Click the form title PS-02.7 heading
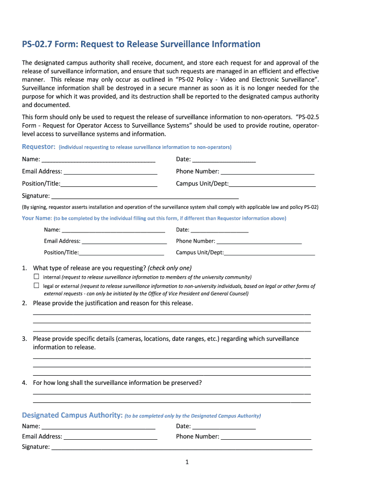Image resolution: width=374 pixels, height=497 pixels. tap(141, 45)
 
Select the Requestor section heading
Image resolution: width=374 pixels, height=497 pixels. tap(38, 147)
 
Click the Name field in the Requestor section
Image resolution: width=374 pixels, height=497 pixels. tap(98, 159)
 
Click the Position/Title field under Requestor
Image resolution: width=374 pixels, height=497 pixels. tap(109, 183)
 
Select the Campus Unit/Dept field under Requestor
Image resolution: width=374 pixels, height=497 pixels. tap(272, 183)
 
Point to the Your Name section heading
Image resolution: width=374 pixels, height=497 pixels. tap(37, 218)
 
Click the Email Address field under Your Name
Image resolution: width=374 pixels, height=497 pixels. tap(124, 241)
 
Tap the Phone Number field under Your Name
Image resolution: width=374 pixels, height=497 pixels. tap(259, 241)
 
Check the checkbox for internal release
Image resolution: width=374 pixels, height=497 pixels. tap(36, 276)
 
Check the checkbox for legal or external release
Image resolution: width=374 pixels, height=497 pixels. tap(36, 285)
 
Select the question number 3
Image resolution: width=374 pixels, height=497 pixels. tap(24, 339)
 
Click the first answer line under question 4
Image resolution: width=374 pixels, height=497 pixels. tap(171, 393)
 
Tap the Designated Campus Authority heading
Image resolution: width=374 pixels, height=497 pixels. tap(72, 415)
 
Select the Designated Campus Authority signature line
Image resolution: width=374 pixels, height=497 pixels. tap(182, 447)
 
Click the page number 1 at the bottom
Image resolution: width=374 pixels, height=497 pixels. tap(187, 462)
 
